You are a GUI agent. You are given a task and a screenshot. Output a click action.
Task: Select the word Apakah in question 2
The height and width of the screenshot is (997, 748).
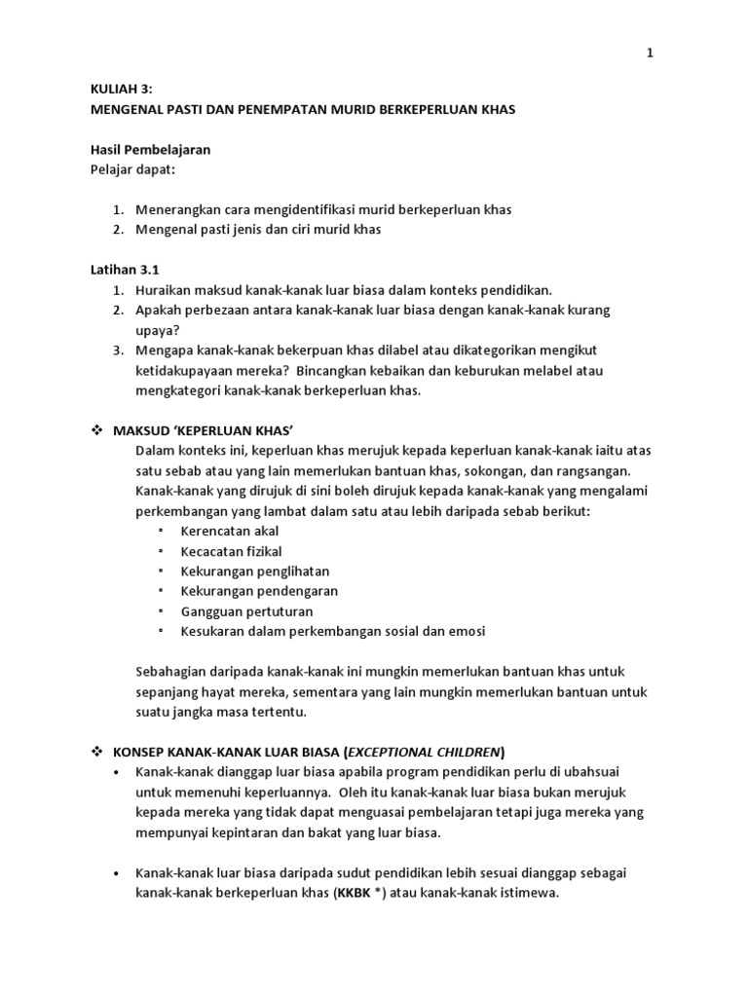pyautogui.click(x=161, y=310)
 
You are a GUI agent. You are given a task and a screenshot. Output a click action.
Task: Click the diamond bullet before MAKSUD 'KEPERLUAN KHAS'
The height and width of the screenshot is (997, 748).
pyautogui.click(x=96, y=430)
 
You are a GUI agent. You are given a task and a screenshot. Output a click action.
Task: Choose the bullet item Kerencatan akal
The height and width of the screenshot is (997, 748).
pyautogui.click(x=230, y=531)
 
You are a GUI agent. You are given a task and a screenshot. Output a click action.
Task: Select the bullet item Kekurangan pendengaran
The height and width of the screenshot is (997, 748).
pyautogui.click(x=259, y=591)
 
